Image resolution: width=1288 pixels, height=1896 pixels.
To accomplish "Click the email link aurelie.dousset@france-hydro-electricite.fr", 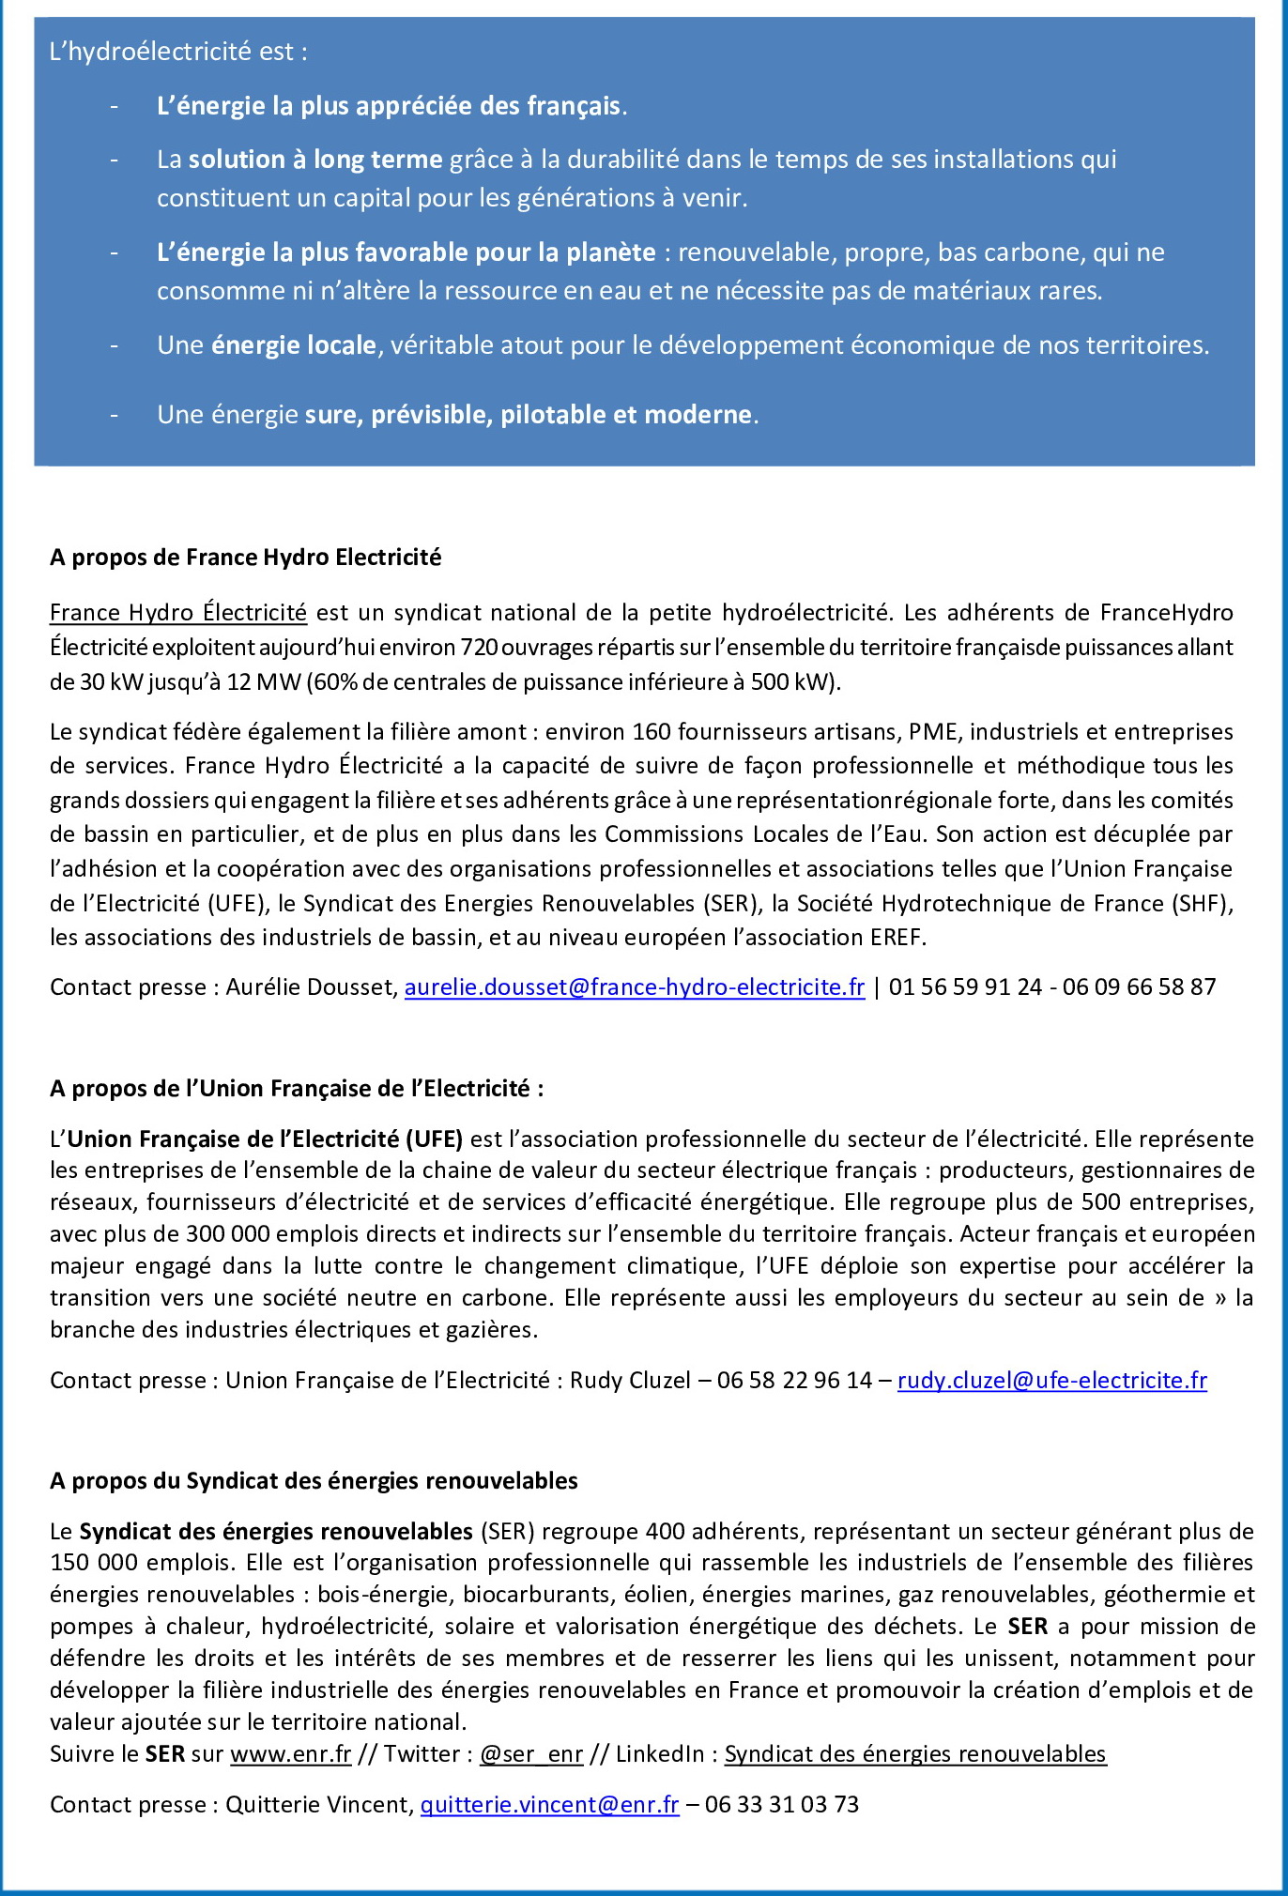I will [x=634, y=987].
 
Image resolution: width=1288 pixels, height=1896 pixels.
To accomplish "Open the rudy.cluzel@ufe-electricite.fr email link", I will [x=1051, y=1381].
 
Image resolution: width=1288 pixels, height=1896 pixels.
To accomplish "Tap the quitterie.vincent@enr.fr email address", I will [x=549, y=1805].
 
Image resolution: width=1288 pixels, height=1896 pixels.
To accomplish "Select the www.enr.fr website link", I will [x=291, y=1754].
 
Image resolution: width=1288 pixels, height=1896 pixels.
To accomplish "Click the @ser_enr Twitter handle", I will [x=531, y=1754].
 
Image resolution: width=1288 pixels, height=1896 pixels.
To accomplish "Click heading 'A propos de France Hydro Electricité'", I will [x=245, y=558].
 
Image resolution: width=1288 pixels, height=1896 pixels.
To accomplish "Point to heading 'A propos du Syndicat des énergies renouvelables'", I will [x=314, y=1481].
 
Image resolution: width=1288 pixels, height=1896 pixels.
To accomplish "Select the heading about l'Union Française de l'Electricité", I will [x=297, y=1089].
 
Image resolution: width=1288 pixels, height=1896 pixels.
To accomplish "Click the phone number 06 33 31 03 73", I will [x=781, y=1805].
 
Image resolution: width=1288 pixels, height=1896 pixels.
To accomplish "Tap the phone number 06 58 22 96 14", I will [x=794, y=1381].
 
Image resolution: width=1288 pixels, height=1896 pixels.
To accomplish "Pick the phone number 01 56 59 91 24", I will [x=965, y=987].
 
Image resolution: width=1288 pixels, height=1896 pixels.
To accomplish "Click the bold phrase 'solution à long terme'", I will [x=315, y=160].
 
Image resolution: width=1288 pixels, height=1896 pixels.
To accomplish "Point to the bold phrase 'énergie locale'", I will [x=294, y=345].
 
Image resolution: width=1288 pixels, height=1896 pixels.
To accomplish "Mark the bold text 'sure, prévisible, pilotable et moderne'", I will [x=529, y=415].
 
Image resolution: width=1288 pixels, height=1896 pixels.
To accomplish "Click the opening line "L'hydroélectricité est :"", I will [x=178, y=52].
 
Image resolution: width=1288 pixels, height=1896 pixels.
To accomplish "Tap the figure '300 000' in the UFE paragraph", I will [x=228, y=1234].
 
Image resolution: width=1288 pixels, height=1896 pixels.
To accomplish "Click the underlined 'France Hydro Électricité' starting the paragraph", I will [x=178, y=613].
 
